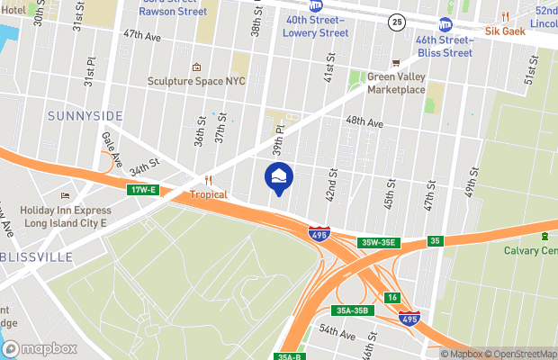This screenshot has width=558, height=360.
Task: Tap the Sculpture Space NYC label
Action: [197, 80]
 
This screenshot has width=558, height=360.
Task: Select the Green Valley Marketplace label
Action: [396, 83]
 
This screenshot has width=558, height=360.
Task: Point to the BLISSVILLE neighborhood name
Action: [36, 256]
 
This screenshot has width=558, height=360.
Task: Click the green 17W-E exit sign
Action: [143, 189]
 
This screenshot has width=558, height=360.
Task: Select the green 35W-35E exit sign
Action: [379, 242]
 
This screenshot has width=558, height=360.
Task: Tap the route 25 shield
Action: [396, 20]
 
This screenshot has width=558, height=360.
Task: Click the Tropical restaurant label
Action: [208, 194]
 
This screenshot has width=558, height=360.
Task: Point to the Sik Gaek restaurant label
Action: [505, 30]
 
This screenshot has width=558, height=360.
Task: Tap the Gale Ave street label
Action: [112, 148]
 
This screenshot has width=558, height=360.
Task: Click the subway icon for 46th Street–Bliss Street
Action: [445, 25]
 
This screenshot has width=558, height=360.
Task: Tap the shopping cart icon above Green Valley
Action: [394, 62]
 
